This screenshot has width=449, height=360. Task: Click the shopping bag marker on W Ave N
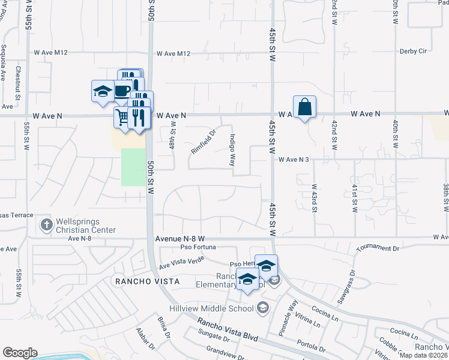304,107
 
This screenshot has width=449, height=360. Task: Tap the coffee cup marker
122,91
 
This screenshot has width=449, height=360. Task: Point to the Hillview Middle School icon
262,308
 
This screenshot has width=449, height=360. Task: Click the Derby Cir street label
414,51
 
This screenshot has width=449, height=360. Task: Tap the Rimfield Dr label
203,142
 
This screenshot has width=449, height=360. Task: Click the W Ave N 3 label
294,160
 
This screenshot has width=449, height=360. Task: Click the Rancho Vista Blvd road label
228,330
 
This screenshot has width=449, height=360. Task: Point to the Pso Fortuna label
198,247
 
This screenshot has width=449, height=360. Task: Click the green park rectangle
134,167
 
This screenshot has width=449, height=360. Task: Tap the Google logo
20,352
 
